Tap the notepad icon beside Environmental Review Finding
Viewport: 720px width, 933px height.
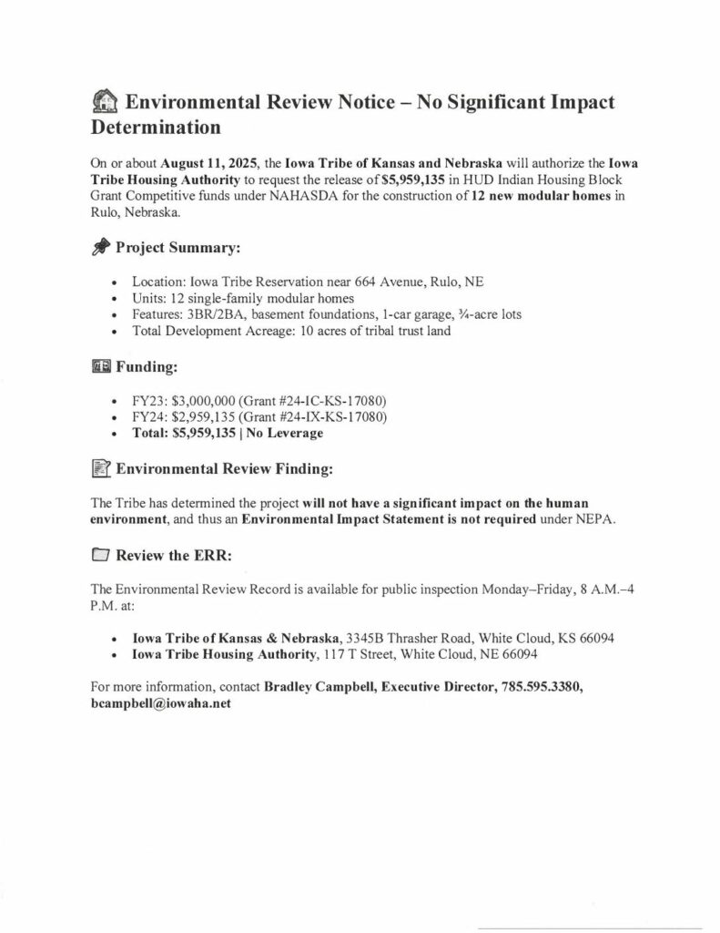pyautogui.click(x=102, y=470)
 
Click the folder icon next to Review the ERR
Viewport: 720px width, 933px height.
pyautogui.click(x=102, y=555)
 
